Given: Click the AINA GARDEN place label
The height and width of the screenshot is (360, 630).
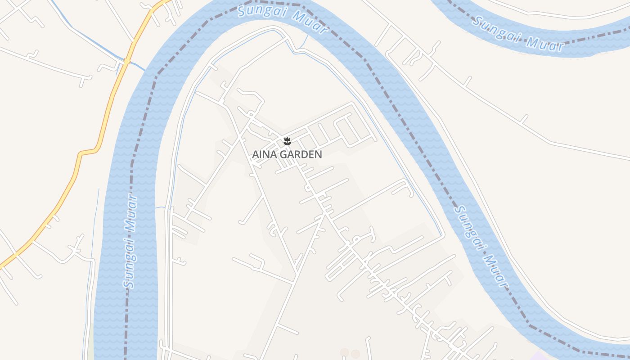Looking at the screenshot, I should click(x=287, y=154).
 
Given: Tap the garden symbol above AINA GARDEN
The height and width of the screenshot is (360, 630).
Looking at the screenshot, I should click(x=287, y=141).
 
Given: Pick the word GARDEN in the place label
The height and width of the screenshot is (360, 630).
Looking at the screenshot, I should click(x=301, y=154).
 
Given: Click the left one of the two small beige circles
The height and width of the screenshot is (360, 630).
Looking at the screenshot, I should click(x=345, y=353).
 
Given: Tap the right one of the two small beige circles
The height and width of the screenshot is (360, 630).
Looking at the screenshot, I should click(x=355, y=354).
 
